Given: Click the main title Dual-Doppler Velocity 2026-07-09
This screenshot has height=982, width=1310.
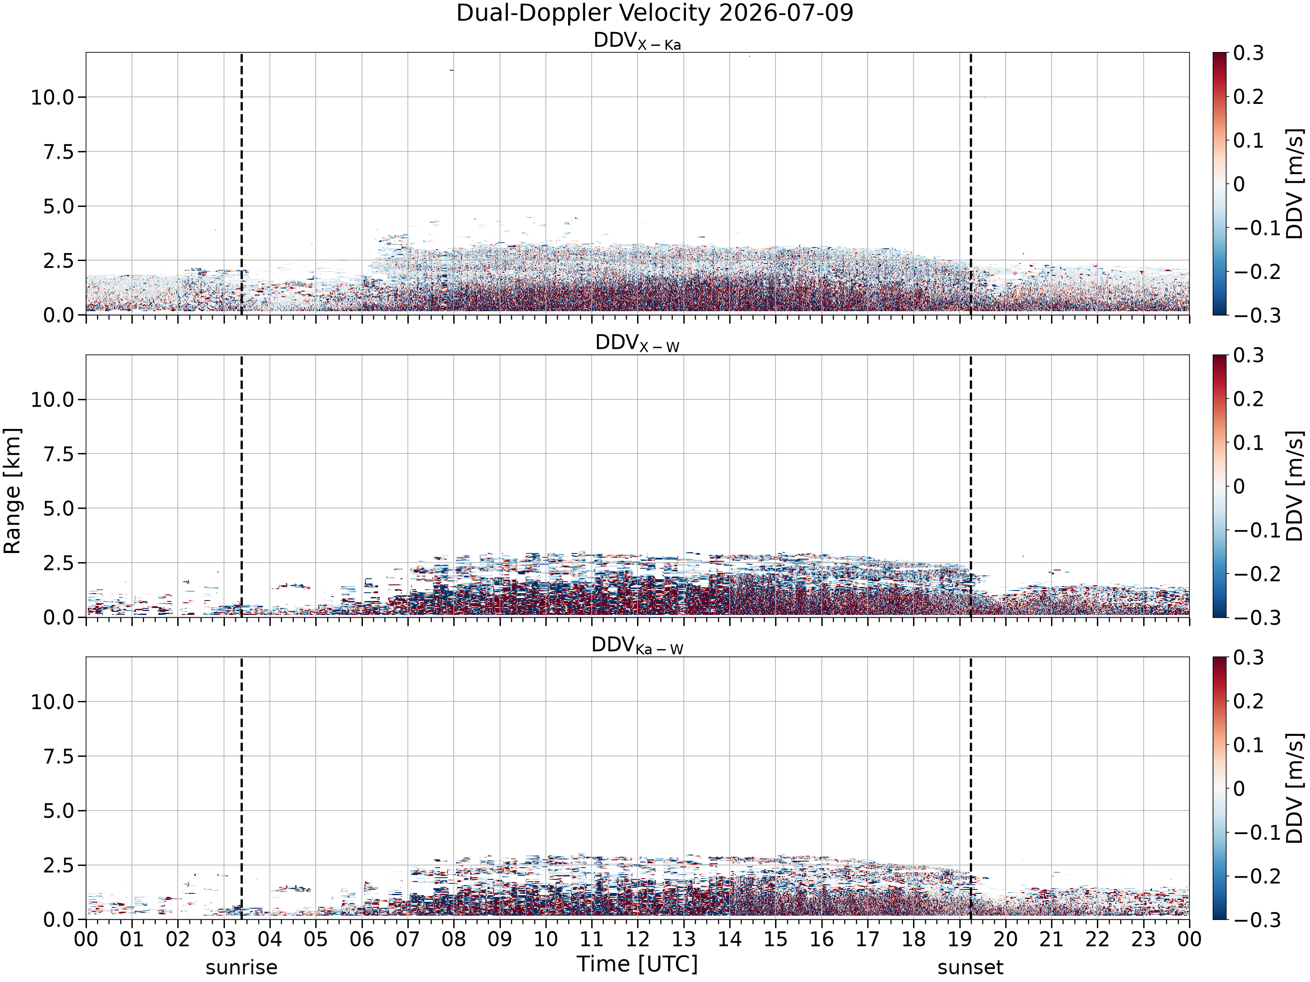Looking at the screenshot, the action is click(x=655, y=14).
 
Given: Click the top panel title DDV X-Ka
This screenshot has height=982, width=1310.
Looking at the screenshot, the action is click(x=637, y=41).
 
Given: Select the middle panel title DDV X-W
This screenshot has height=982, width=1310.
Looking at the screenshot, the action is click(x=637, y=343).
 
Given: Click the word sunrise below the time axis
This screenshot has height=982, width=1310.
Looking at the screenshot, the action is click(x=241, y=968).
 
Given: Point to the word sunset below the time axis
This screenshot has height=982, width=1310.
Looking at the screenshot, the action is click(x=970, y=968).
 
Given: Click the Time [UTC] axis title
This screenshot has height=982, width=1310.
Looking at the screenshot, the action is click(x=637, y=964).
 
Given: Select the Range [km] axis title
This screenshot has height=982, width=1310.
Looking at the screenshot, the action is click(x=12, y=491).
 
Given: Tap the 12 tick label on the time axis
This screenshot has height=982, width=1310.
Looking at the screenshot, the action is click(x=637, y=939).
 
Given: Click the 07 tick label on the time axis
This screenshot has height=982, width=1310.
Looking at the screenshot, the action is click(x=407, y=939).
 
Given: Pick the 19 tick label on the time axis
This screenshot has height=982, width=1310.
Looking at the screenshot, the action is click(x=959, y=939).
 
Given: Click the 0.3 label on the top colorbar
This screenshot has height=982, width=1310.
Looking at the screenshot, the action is click(x=1248, y=53).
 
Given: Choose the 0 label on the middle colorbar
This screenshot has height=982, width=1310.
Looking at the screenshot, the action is click(x=1239, y=487).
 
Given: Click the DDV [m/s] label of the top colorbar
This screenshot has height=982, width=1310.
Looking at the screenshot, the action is click(x=1295, y=184).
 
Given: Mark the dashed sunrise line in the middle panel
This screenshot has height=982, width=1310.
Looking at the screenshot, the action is click(x=241, y=486).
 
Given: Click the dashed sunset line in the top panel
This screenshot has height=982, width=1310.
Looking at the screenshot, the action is click(x=971, y=183).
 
